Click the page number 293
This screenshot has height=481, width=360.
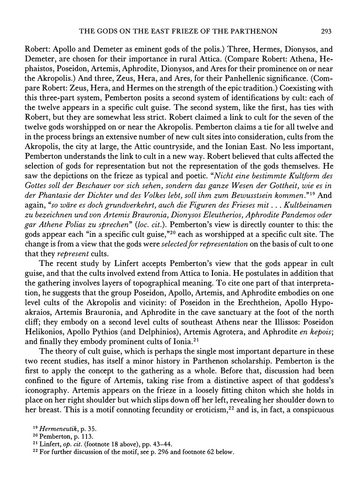327,31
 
